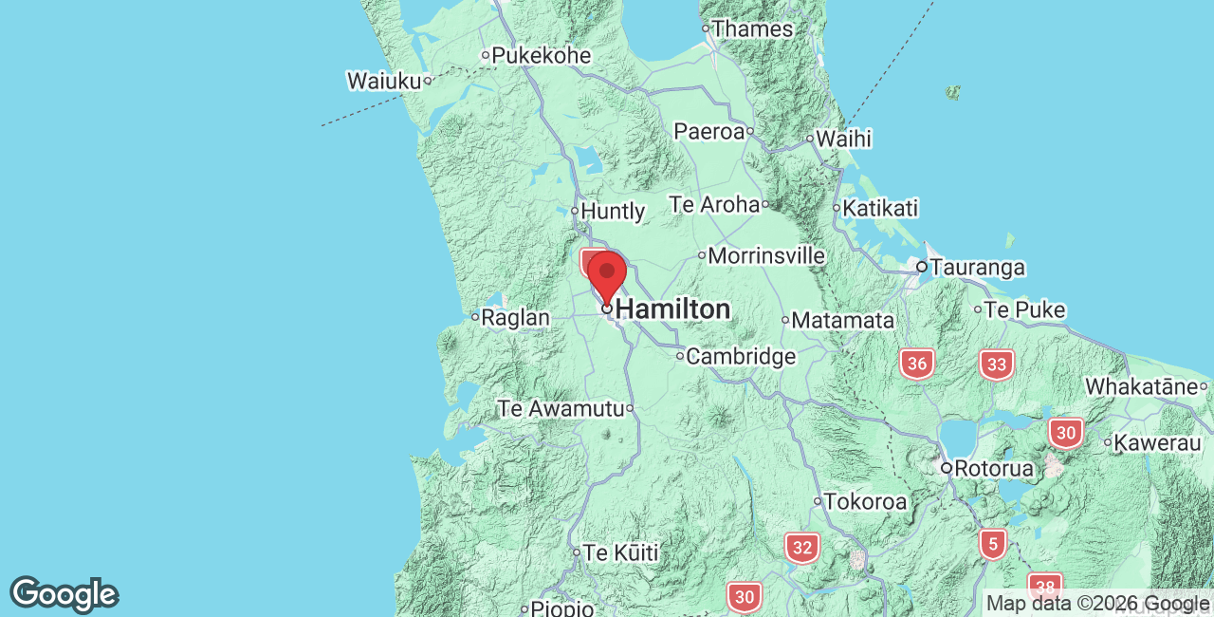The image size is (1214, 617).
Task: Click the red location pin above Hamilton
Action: click(607, 275)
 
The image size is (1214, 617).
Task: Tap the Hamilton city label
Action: click(672, 309)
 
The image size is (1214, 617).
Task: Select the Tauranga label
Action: click(977, 268)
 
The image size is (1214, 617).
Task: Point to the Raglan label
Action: click(515, 318)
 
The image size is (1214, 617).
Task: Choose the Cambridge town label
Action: click(741, 357)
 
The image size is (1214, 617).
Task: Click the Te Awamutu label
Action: click(561, 409)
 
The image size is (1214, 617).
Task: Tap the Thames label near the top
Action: click(752, 28)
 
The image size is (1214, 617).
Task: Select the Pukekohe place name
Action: click(542, 56)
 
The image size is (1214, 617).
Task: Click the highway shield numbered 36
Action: click(916, 364)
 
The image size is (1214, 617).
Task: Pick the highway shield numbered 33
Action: click(996, 365)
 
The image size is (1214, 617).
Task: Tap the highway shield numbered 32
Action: click(801, 548)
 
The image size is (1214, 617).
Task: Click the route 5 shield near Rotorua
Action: click(992, 544)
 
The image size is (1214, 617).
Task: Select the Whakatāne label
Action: click(1141, 386)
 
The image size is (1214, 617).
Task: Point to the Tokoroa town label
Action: click(865, 501)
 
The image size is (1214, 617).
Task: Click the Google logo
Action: click(64, 594)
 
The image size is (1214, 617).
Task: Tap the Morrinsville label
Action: click(766, 256)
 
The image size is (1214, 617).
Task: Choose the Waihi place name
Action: click(843, 139)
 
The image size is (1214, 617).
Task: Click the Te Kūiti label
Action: click(620, 552)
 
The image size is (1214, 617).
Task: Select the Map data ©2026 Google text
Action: click(1097, 603)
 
